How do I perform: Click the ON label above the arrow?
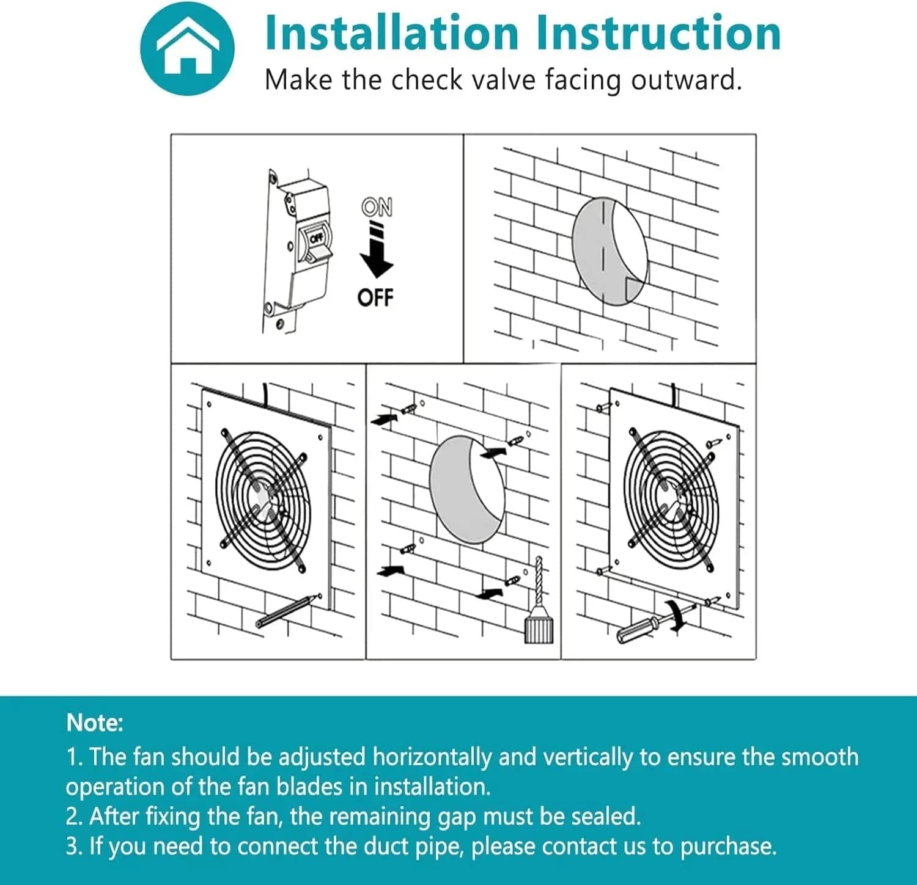(377, 208)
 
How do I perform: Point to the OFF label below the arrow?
(375, 298)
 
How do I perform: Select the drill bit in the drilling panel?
(538, 580)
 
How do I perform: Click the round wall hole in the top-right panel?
(609, 251)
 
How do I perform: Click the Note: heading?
(95, 723)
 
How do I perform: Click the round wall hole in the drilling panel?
(467, 489)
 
